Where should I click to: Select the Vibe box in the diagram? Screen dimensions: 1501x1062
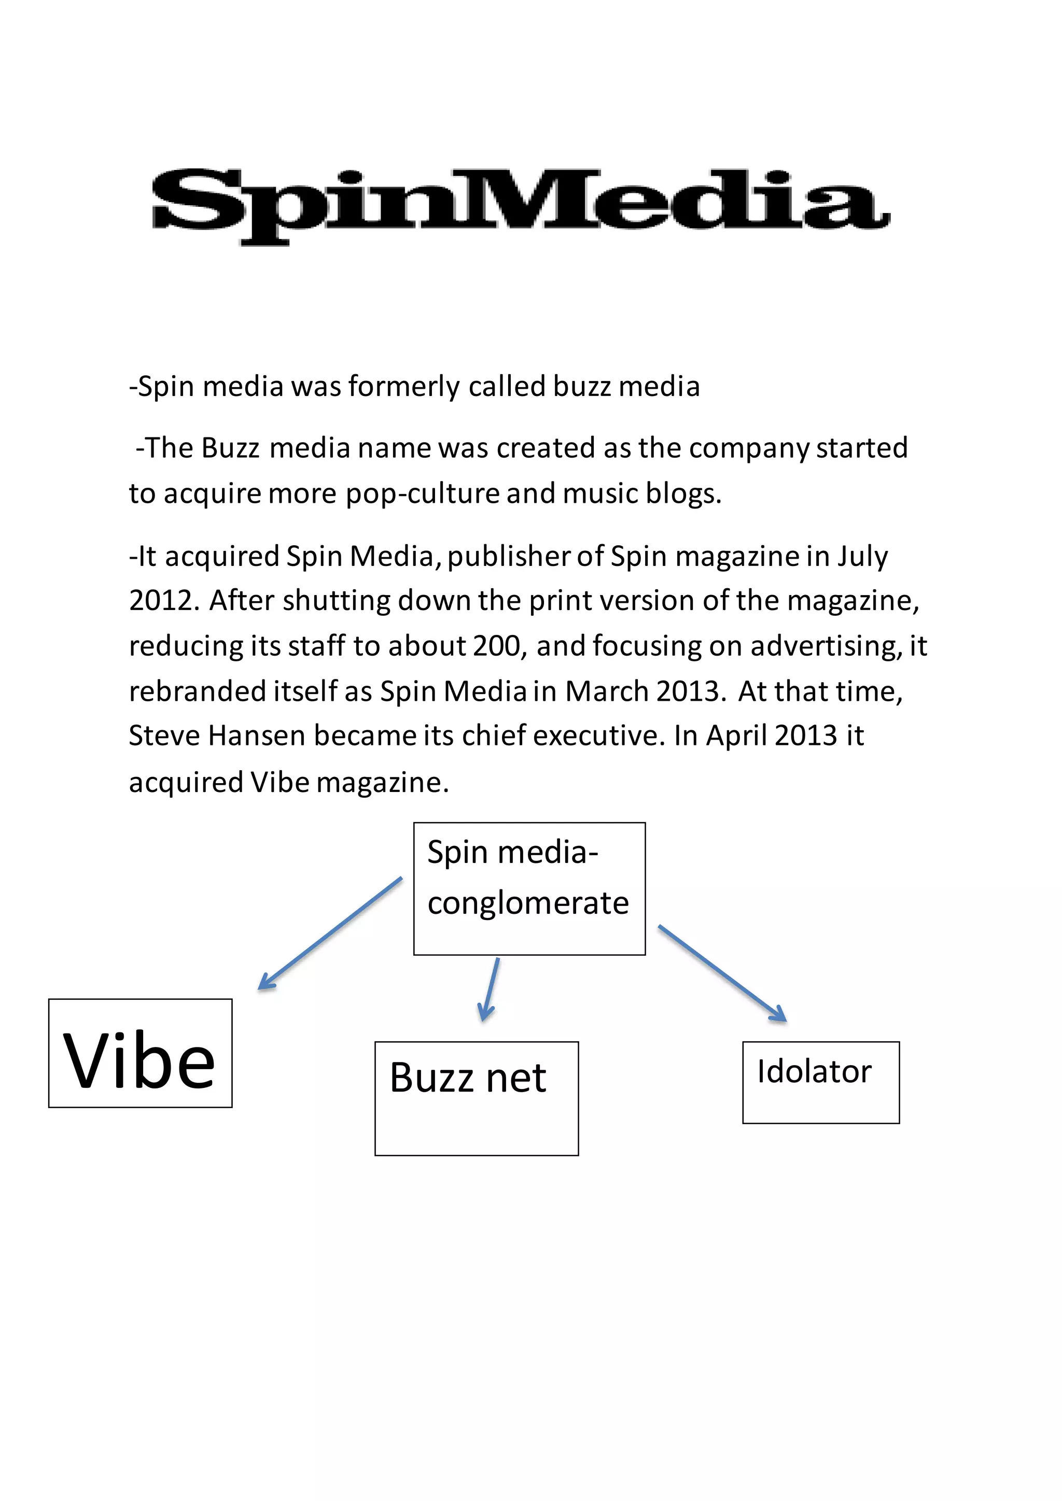click(140, 1053)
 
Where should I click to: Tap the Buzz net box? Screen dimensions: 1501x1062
click(476, 1098)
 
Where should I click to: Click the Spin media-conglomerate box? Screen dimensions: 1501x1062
click(529, 888)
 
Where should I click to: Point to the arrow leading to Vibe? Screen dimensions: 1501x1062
click(330, 933)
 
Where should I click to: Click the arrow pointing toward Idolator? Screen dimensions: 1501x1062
click(722, 972)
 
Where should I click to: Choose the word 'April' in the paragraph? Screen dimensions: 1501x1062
click(736, 736)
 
